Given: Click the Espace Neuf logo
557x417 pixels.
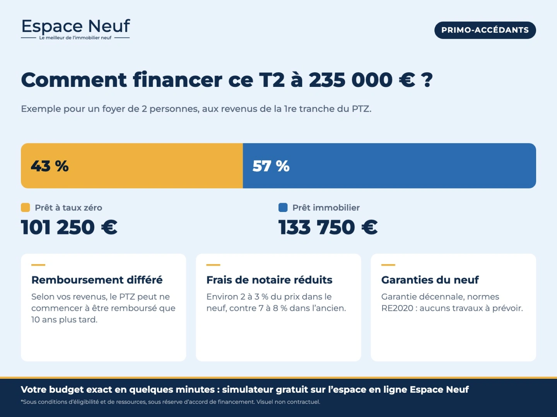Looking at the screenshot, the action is tap(75, 29).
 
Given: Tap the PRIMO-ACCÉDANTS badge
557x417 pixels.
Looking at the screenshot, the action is tap(485, 30).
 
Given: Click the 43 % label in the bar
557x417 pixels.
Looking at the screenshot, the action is tap(50, 166).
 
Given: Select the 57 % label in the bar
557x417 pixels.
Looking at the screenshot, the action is tap(271, 166).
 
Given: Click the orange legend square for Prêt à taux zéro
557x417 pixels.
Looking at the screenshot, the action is tap(26, 207).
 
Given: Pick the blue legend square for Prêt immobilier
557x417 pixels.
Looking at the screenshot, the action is tap(283, 207).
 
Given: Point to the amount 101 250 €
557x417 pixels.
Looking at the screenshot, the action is tap(69, 227).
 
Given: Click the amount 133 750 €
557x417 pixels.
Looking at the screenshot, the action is tap(328, 227).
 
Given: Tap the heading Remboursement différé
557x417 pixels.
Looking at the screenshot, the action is tap(97, 280).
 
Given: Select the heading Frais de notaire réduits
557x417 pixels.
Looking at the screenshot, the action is tap(269, 280).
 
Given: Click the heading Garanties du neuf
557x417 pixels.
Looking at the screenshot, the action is tap(430, 280).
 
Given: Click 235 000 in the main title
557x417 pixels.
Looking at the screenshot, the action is tap(351, 80).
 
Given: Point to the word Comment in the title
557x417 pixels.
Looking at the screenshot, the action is tap(74, 80).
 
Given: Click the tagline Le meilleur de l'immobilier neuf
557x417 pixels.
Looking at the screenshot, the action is tap(75, 38).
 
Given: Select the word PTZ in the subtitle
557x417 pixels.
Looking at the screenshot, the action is tap(361, 109).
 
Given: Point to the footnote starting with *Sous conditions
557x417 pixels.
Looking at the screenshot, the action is tap(171, 402).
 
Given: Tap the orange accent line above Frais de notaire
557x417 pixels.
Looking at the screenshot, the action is tap(213, 265).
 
